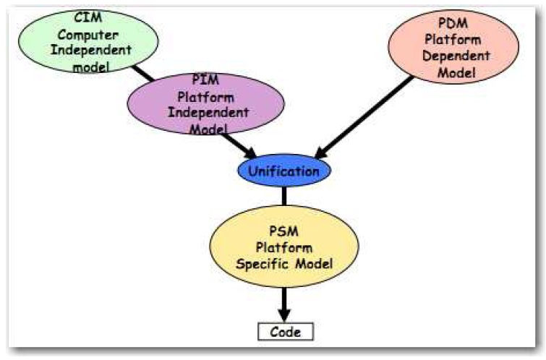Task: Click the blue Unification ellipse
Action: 284,171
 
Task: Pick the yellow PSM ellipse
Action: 284,248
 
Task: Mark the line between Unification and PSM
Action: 284,194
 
